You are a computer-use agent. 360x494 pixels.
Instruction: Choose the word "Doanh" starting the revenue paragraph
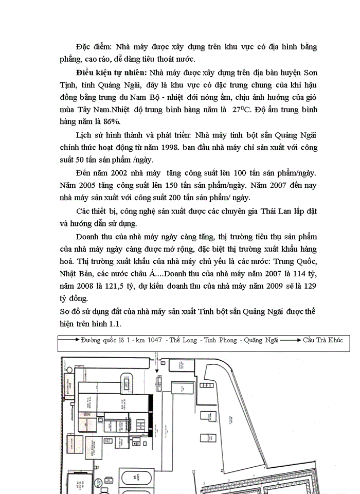click(x=88, y=236)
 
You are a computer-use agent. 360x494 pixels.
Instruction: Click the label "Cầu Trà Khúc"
click(x=322, y=340)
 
